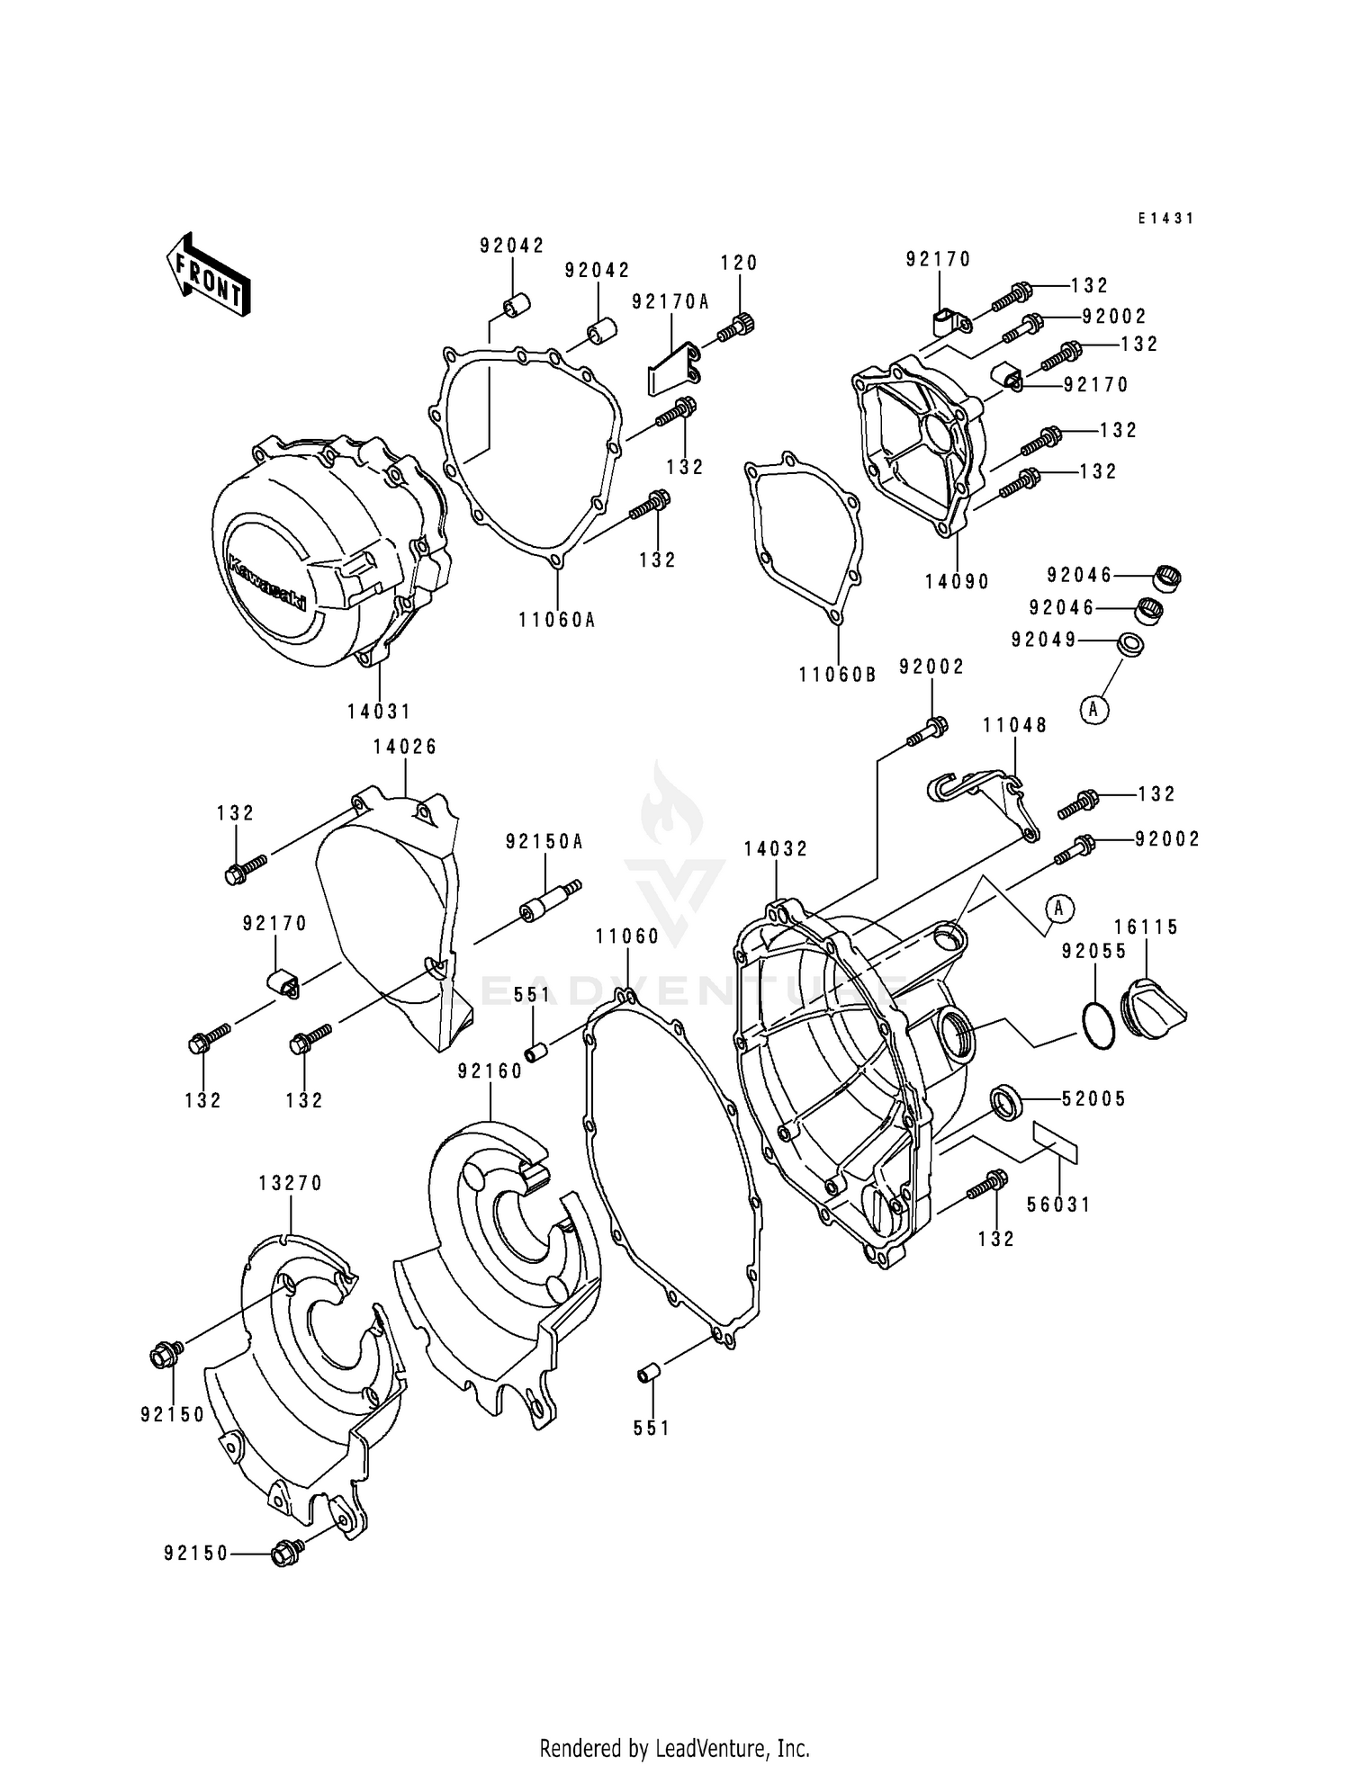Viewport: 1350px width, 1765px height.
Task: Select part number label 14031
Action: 379,712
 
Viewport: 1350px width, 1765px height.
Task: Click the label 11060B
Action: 837,675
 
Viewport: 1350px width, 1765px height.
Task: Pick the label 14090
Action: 957,582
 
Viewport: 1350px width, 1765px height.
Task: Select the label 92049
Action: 1044,640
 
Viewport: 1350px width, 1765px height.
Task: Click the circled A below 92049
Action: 1094,710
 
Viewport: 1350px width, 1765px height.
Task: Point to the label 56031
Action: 1058,1205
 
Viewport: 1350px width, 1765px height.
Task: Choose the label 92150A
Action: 544,842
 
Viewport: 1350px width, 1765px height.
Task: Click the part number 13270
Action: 290,1184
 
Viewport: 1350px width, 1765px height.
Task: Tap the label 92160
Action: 490,1071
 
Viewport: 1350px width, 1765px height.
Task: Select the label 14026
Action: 405,747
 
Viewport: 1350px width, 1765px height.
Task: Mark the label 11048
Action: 1014,725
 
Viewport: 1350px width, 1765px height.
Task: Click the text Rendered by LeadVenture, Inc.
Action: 674,1749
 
